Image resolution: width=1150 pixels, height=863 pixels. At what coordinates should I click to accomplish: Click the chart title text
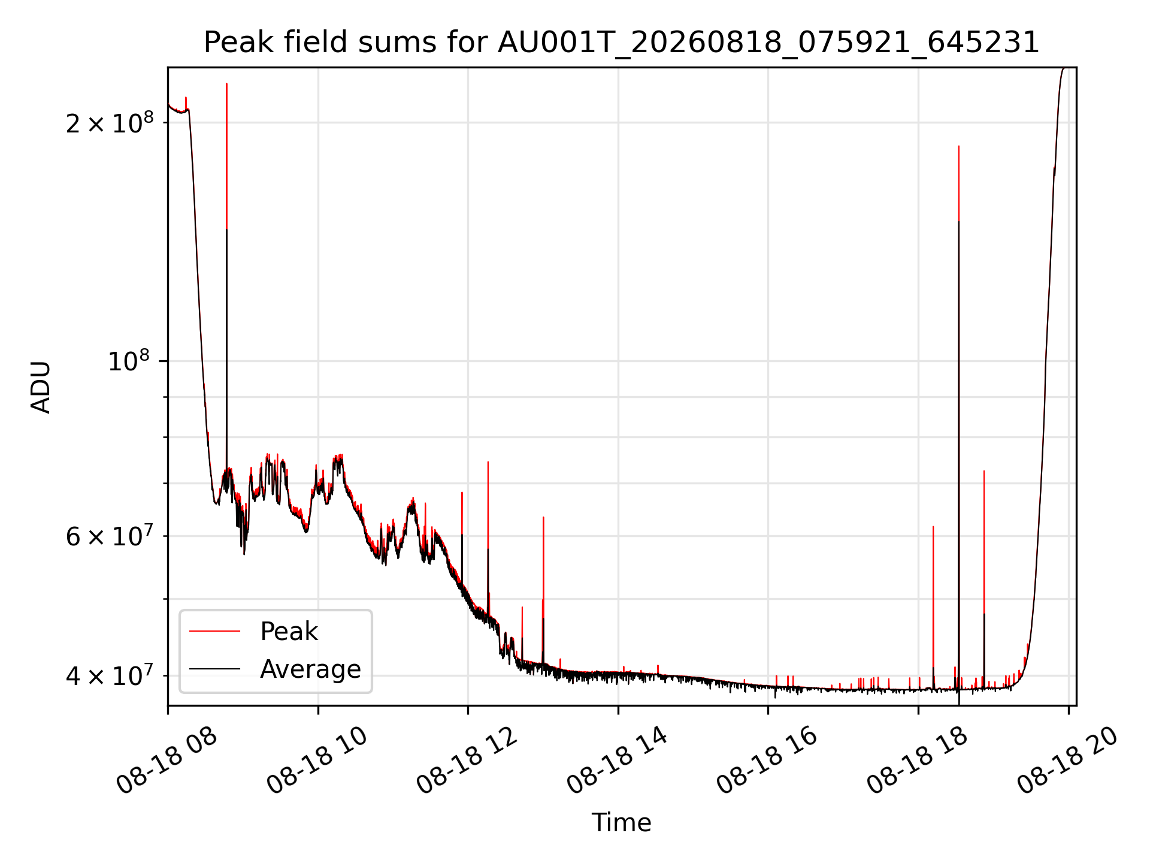click(621, 43)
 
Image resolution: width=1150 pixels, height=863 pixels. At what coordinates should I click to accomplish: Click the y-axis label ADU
click(41, 387)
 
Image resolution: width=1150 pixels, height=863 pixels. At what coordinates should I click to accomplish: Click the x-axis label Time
click(621, 823)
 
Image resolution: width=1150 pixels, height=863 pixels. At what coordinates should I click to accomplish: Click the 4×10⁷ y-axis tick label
click(110, 675)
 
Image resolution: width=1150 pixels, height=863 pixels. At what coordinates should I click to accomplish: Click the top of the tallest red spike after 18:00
click(958, 146)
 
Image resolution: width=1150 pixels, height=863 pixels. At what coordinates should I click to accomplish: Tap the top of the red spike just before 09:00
click(226, 83)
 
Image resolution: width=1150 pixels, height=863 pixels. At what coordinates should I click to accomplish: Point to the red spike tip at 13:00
click(543, 517)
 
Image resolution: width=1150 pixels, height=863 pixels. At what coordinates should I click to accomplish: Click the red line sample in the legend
click(214, 631)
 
